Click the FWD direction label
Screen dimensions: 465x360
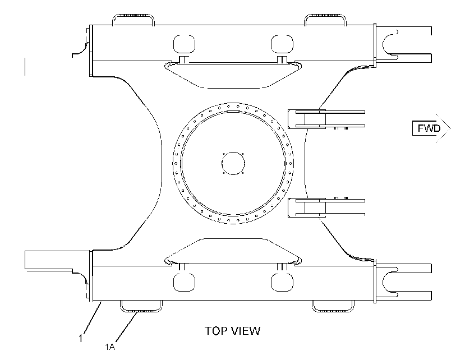429,128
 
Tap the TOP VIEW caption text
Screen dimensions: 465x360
232,331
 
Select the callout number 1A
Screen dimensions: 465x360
110,347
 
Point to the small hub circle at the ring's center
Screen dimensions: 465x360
233,163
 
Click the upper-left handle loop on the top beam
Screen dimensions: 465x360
133,15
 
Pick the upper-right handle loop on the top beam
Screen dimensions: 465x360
325,15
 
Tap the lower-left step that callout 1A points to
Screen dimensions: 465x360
141,311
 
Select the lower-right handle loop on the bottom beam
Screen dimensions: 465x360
333,311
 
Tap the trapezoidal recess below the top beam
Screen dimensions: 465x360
233,88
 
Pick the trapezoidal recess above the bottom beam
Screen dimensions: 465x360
233,238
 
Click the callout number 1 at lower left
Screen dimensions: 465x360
80,338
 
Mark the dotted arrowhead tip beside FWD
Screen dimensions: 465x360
450,128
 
